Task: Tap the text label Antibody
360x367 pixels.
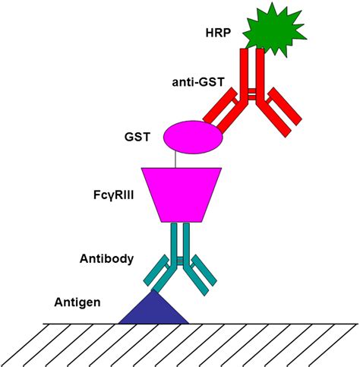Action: tap(107, 258)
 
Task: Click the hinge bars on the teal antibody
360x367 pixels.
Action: tap(182, 261)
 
